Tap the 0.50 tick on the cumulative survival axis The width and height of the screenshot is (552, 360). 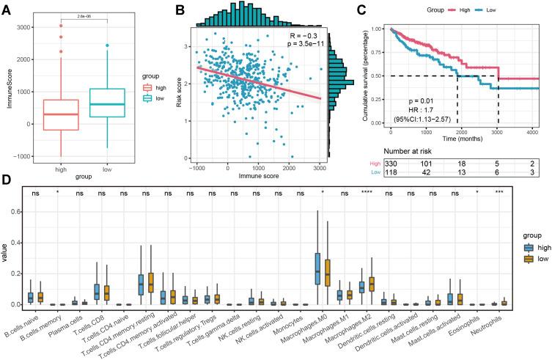coord(377,76)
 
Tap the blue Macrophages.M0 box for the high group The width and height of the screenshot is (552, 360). coord(317,268)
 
